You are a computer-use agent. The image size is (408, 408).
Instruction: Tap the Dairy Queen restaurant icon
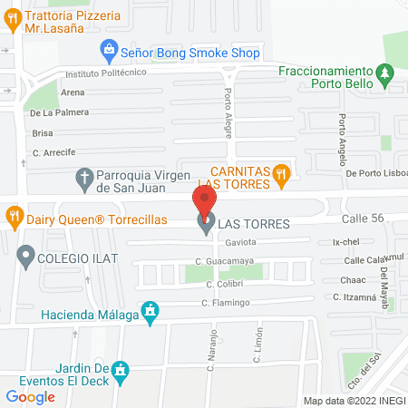pos(14,218)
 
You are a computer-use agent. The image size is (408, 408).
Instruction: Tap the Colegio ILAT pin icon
pos(24,257)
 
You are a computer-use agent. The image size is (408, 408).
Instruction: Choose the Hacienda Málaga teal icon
pos(151,315)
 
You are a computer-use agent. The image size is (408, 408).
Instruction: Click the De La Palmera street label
pos(59,112)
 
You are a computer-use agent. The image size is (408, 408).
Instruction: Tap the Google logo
pos(30,396)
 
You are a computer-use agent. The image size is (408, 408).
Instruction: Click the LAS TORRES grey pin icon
pos(206,221)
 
